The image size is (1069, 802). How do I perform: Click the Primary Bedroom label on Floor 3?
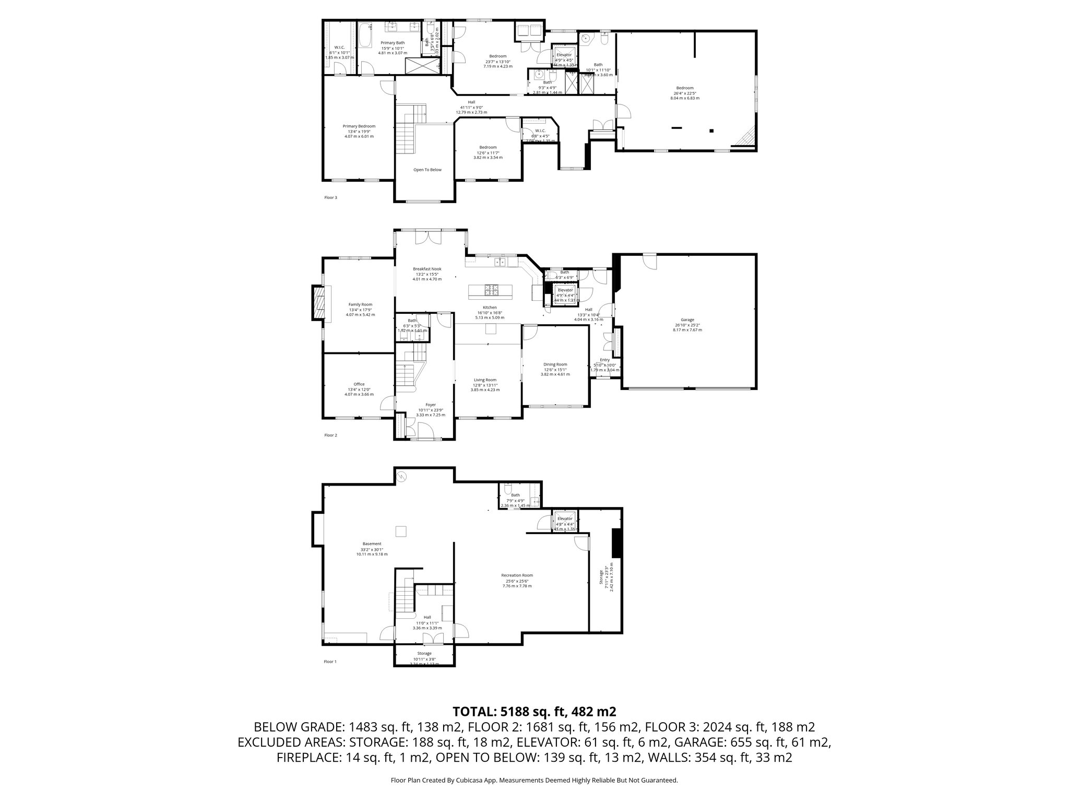point(359,126)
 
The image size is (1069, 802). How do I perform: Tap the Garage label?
point(687,320)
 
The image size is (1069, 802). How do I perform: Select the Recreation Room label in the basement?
point(519,575)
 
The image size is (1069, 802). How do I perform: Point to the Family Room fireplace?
point(317,302)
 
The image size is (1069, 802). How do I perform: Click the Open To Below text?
point(427,170)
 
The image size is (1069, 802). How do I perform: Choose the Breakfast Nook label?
point(427,269)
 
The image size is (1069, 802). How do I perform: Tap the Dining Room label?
point(555,364)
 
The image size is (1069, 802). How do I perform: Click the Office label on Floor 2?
point(359,384)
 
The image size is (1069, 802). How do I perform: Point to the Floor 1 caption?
point(330,662)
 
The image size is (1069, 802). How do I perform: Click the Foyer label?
point(430,405)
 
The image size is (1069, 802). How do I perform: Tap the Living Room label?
point(485,380)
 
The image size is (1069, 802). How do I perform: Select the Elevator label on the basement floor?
point(565,518)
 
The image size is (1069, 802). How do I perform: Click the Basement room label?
point(372,544)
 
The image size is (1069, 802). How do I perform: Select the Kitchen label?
point(490,308)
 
